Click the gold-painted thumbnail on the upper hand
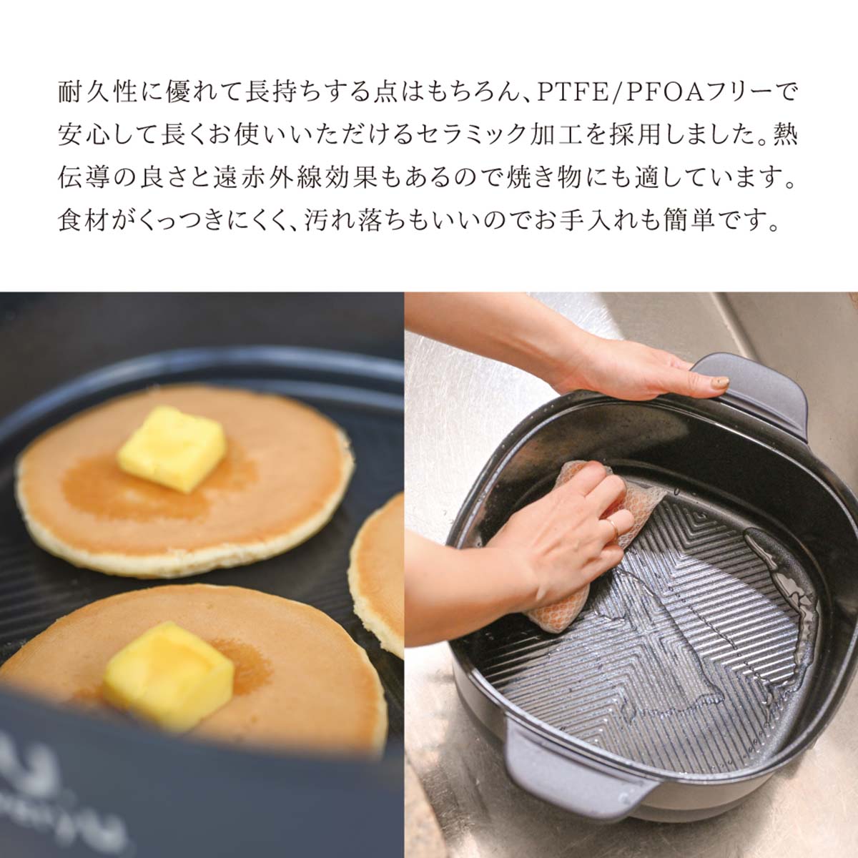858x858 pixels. (718, 382)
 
